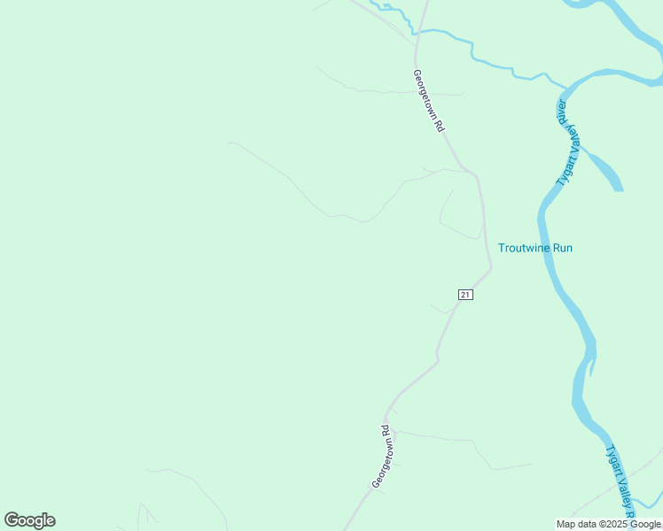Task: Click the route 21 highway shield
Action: coord(465,294)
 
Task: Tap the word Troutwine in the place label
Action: coord(524,248)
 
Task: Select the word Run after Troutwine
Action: coord(562,248)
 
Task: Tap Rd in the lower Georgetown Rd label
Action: coord(386,431)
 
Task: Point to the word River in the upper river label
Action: coord(562,112)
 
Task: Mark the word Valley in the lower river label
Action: coord(624,492)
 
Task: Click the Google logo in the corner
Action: coord(30,520)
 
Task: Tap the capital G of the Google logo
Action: coord(12,520)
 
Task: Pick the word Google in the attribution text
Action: coord(645,524)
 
